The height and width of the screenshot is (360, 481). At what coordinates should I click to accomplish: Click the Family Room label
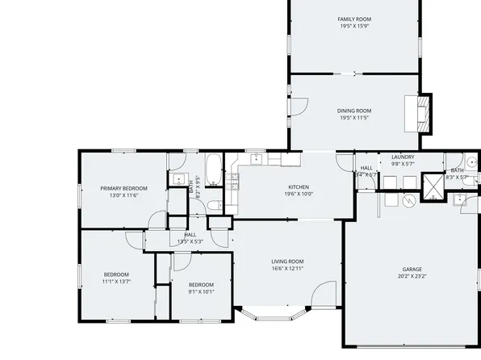[353, 19]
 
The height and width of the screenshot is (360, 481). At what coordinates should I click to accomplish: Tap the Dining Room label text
[353, 111]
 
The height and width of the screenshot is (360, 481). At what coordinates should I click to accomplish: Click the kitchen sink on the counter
[254, 159]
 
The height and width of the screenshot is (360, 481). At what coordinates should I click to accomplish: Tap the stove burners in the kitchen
[233, 182]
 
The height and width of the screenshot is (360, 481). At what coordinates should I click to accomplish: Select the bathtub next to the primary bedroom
[214, 169]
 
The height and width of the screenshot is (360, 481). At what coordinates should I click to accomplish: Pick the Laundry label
[402, 157]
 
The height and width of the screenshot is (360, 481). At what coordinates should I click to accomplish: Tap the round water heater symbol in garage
[408, 199]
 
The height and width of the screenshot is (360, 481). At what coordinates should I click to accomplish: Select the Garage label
[412, 269]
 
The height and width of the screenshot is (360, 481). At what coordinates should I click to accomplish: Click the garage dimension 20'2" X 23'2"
[412, 276]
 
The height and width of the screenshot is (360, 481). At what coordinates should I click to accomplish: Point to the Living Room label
[287, 261]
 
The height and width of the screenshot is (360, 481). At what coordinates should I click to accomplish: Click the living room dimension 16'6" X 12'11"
[287, 268]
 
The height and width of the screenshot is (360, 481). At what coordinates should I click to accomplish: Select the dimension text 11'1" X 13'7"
[115, 282]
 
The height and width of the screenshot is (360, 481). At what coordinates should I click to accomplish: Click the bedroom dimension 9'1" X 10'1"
[201, 291]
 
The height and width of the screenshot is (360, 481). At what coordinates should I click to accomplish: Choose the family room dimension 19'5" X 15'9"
[353, 26]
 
